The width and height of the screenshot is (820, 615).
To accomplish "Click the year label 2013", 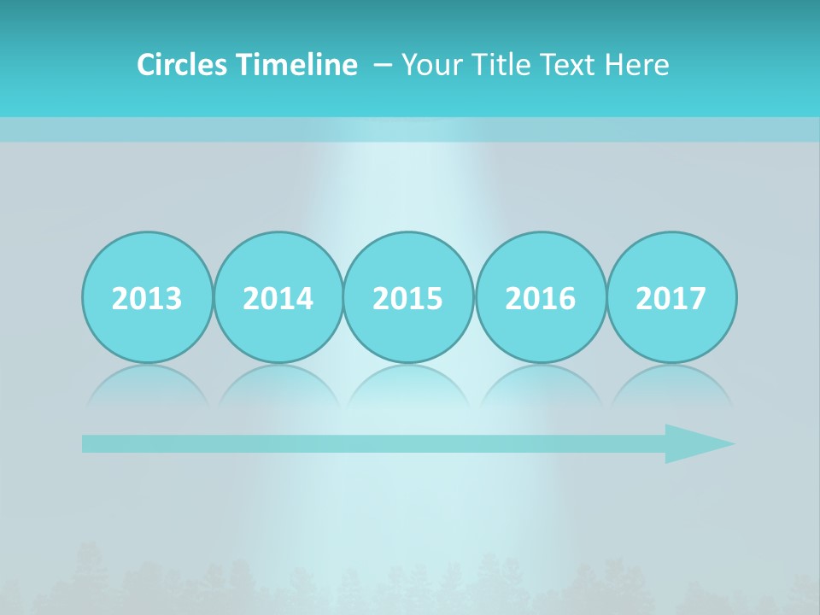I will (147, 298).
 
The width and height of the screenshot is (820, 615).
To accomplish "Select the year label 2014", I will (278, 298).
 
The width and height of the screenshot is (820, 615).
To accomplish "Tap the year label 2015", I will (408, 298).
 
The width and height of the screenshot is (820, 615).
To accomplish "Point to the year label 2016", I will (541, 298).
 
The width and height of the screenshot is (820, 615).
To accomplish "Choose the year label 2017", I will (671, 298).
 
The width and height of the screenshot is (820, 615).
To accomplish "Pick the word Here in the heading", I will (637, 65).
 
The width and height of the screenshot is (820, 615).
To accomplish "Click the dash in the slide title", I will (383, 65).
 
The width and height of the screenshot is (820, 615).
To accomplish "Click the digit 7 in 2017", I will (698, 298).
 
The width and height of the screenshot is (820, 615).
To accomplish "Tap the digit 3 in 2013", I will (173, 298).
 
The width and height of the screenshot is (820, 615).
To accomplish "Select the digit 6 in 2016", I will (567, 298).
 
